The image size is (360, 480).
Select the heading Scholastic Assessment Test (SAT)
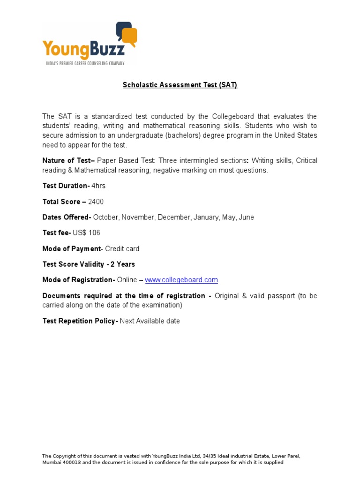point(180,85)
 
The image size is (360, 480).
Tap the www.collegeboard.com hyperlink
point(181,280)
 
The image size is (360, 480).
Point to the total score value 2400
point(96,202)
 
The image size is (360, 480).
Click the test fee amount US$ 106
point(86,233)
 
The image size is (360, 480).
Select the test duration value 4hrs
point(98,186)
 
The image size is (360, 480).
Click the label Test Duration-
point(66,186)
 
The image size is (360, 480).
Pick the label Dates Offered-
point(67,217)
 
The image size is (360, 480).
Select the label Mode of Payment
point(71,249)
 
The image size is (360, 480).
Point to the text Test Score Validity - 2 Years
point(89,264)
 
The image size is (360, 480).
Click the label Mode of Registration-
point(78,280)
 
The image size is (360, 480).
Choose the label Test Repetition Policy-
point(80,321)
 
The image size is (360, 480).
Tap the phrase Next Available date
point(150,321)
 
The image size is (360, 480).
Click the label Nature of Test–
point(68,161)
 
